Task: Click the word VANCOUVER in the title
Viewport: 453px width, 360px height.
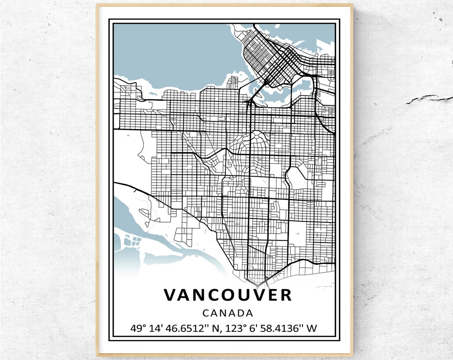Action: tap(227, 295)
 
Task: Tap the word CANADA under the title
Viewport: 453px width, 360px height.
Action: tap(228, 313)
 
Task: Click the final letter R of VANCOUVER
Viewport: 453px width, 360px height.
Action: tap(285, 295)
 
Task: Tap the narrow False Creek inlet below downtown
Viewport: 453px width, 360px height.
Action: tap(277, 90)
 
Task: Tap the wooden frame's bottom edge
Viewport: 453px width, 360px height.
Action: tap(224, 355)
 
